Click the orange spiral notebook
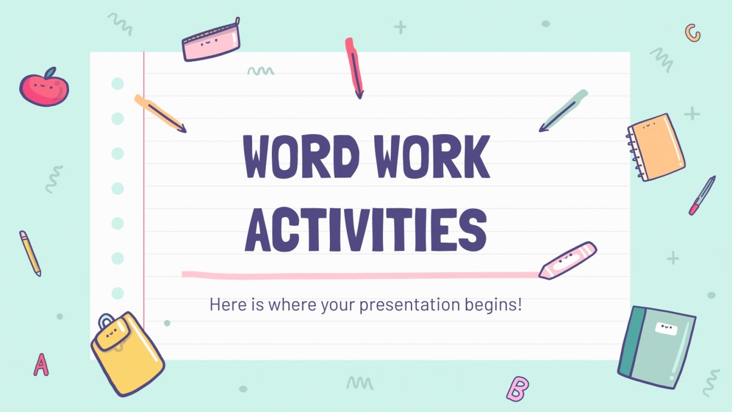[x=656, y=146]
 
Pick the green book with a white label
[x=656, y=346]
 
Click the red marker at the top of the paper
[x=354, y=67]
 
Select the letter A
[x=41, y=364]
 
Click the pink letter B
[x=517, y=388]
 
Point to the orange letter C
[x=693, y=33]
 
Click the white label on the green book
[x=666, y=328]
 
